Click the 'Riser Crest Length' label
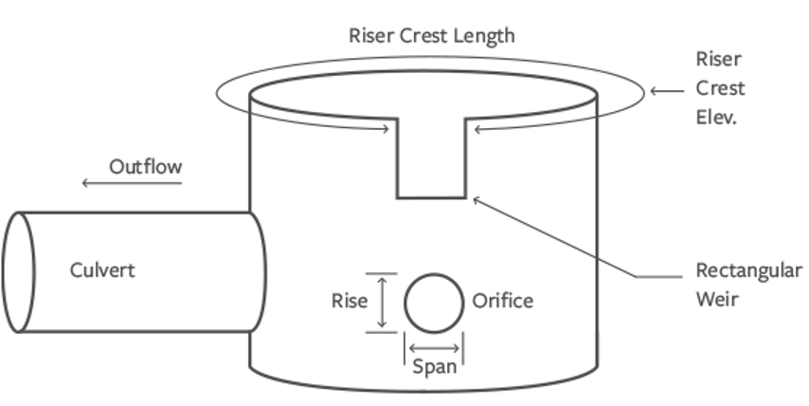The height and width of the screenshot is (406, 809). click(x=431, y=37)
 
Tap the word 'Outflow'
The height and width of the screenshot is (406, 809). click(x=145, y=167)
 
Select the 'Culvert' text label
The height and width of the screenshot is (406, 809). click(x=102, y=270)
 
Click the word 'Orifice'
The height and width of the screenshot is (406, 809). click(x=502, y=302)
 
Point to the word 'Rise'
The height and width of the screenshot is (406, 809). click(x=349, y=302)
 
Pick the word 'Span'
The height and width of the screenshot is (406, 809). click(x=435, y=367)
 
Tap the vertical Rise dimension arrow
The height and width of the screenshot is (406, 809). click(x=382, y=303)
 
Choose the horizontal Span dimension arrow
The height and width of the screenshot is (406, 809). click(x=435, y=347)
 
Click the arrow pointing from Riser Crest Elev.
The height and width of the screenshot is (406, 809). click(x=668, y=91)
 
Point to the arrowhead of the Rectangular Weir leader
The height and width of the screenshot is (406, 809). click(x=476, y=196)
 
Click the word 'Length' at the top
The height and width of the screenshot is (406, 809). click(x=483, y=37)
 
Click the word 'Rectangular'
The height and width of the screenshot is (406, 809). click(x=748, y=271)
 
